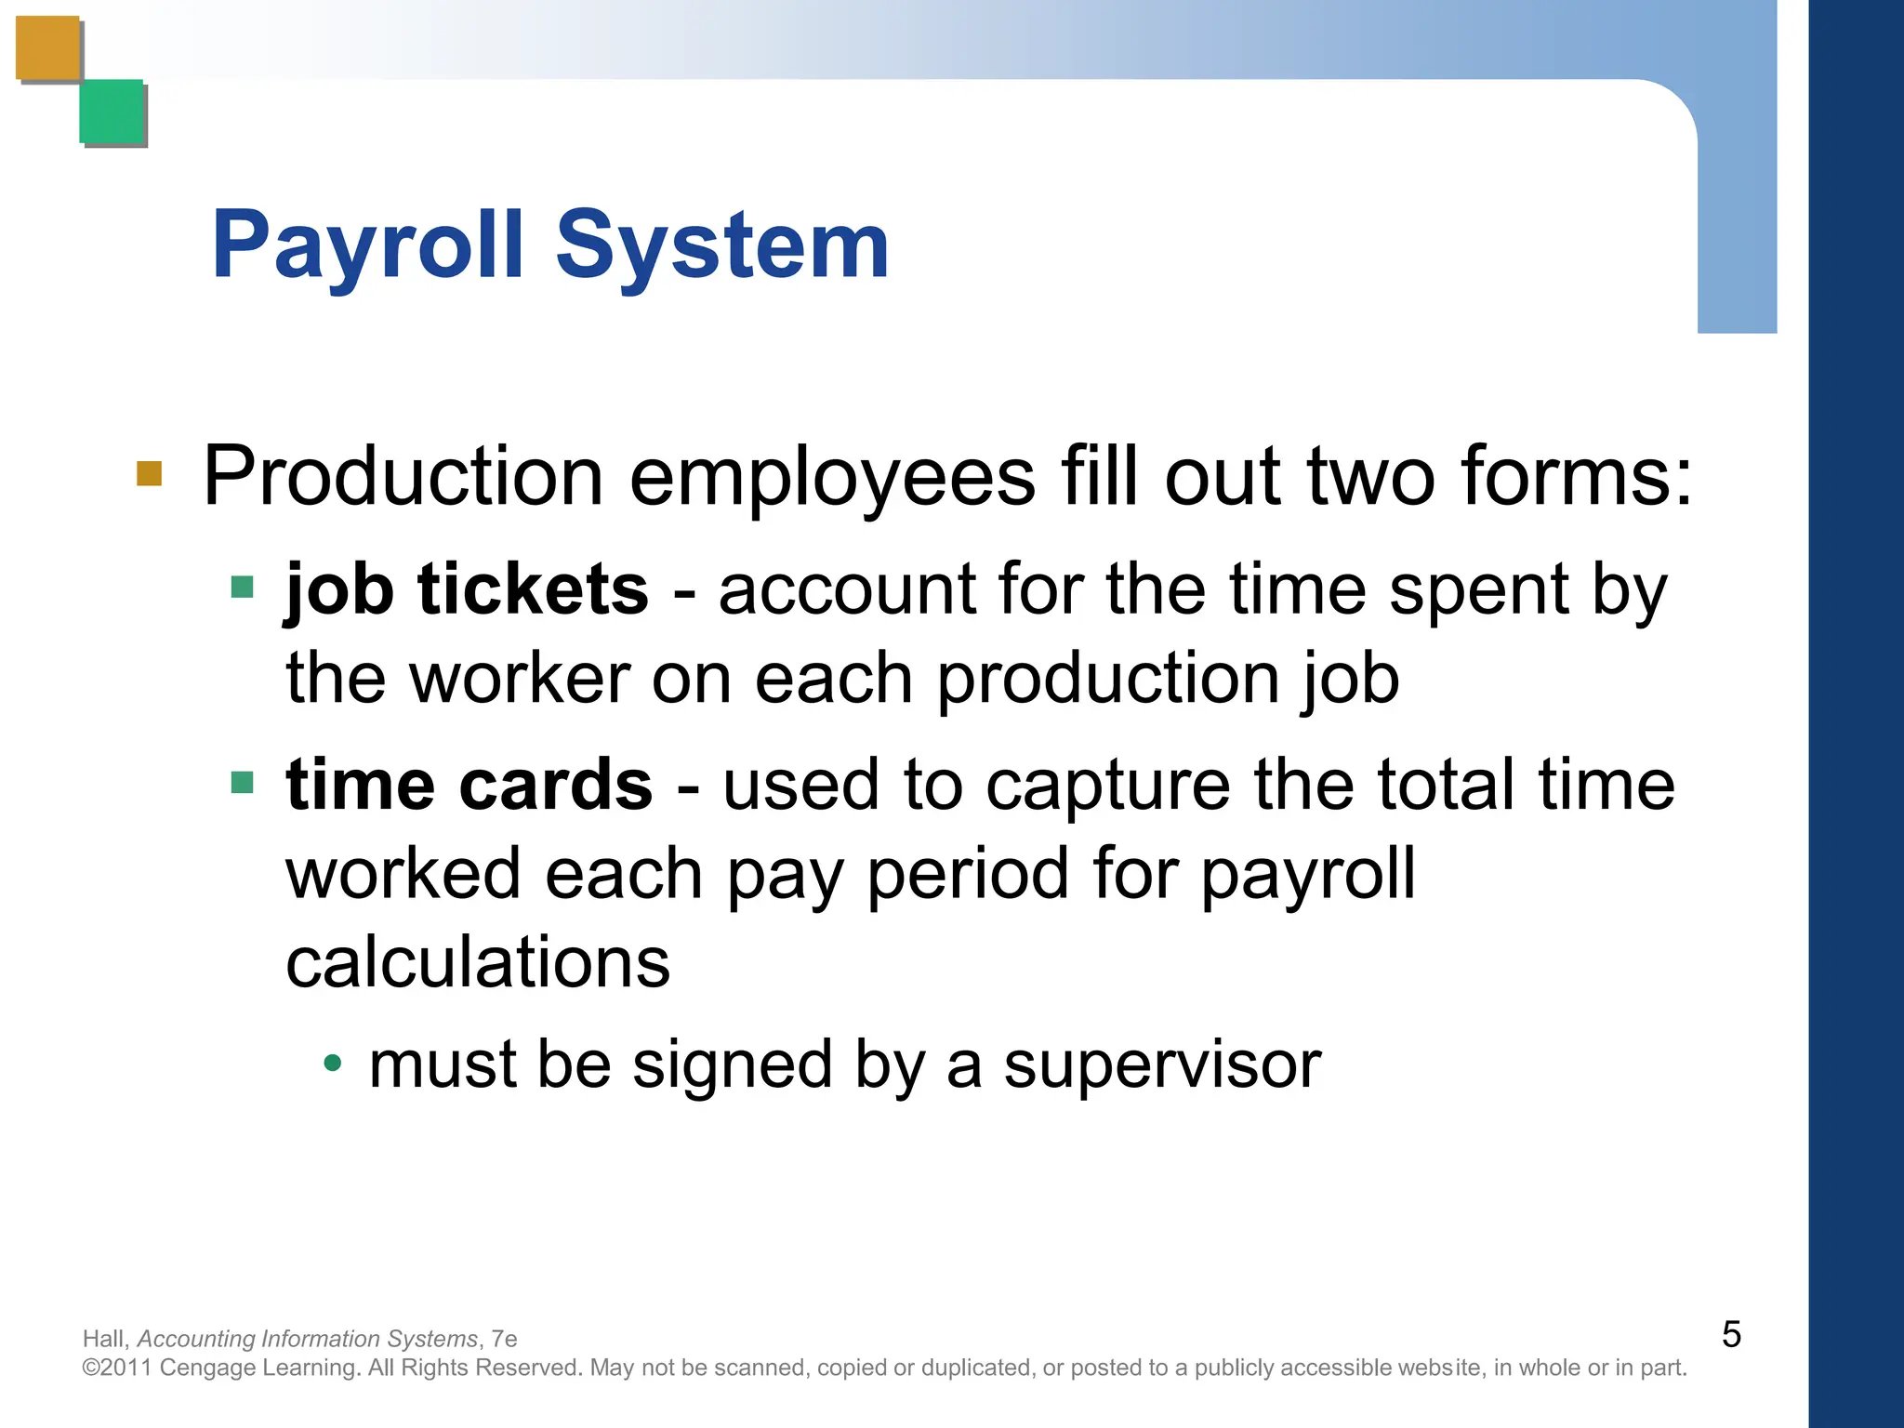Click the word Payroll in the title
[368, 246]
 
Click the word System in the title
[722, 246]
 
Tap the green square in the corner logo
[112, 112]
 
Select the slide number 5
[1731, 1335]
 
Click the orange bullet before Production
[149, 473]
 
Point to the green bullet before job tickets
[242, 588]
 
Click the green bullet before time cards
[242, 782]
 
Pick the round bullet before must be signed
[333, 1063]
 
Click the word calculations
[478, 962]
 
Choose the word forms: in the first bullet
[1577, 476]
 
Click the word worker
[520, 679]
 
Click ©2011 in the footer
[117, 1368]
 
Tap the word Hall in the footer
[103, 1339]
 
